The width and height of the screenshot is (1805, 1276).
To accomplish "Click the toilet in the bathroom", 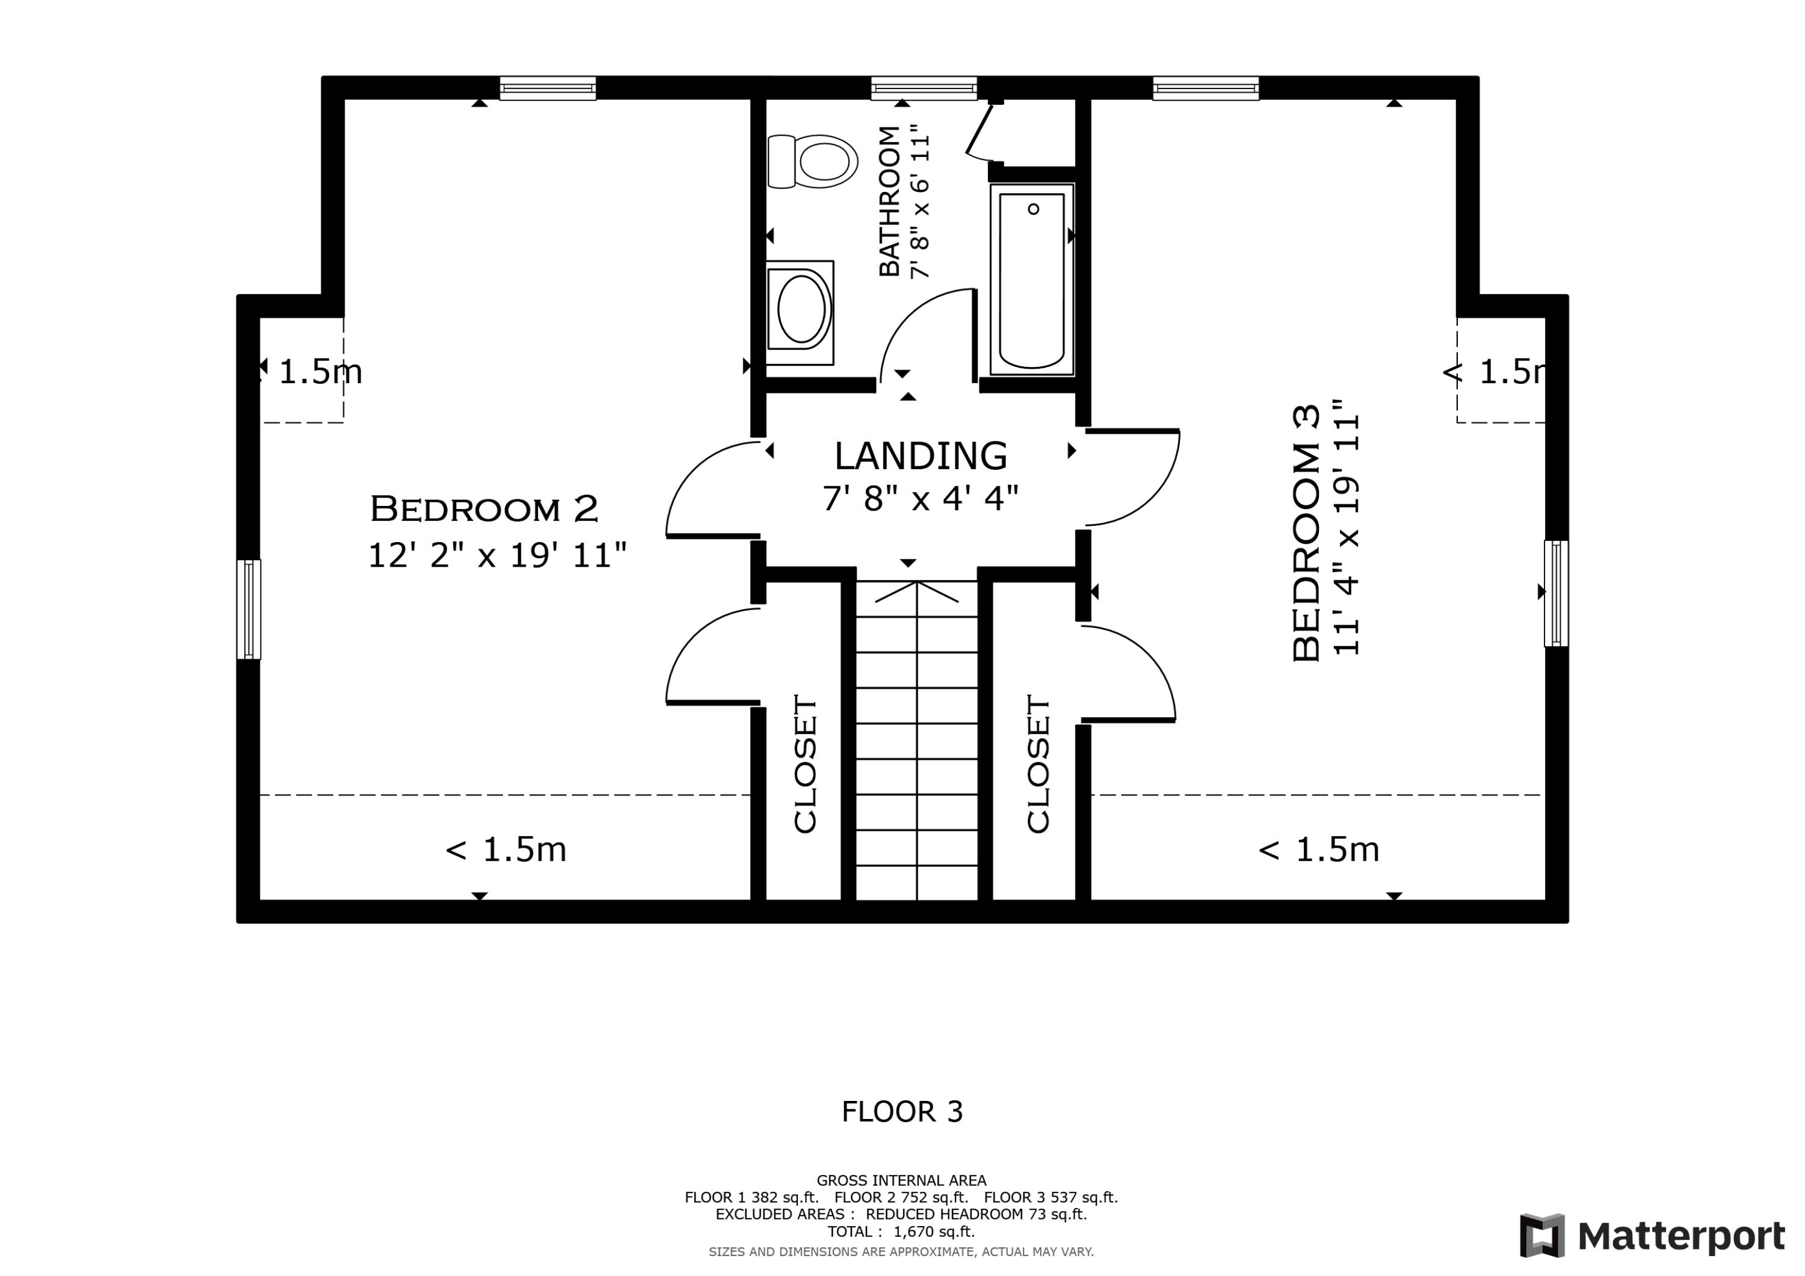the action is coord(812,161).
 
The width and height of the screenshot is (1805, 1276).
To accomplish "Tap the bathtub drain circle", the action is coord(1033,209).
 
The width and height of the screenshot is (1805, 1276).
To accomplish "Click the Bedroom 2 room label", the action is coord(484,509).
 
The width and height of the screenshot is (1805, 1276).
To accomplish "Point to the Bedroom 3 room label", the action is coord(1306,533).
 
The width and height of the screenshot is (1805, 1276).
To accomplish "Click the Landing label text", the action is coord(921,456).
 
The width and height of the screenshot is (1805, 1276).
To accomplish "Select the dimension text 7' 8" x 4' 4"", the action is coord(921,499).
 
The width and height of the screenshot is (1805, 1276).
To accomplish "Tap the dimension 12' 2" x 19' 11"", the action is coord(497,555).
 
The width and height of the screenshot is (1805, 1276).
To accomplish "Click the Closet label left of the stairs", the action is coord(805,763).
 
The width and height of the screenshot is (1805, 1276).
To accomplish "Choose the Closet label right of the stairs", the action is coord(1038,763).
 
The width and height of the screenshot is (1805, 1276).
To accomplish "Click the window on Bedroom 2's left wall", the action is coord(248,609).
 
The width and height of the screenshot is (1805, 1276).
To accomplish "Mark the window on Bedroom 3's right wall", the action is coord(1556,594).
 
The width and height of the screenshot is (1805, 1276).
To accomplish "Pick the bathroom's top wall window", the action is coord(924,88).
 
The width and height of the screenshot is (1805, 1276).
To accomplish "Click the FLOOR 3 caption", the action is coord(902,1112).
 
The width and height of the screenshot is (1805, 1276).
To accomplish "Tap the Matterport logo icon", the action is coord(1541,1235).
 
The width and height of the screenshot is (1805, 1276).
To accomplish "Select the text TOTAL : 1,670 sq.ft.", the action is coord(901,1232).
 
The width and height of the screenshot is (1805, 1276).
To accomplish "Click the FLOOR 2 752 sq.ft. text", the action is coord(901,1197).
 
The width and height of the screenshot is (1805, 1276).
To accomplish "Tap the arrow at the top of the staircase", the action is coord(917,592).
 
